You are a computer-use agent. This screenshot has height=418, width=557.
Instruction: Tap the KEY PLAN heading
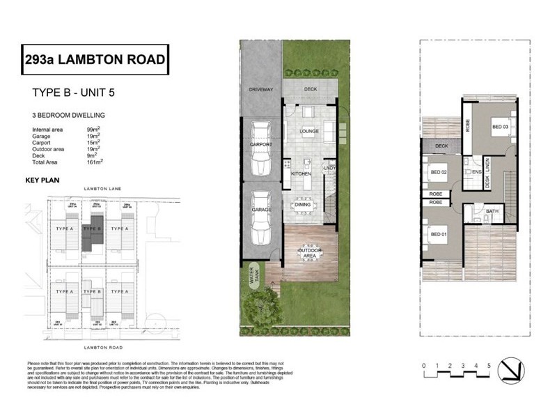click(x=44, y=180)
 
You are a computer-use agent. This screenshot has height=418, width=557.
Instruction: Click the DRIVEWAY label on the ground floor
click(x=261, y=90)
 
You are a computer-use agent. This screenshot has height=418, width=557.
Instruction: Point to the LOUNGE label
click(x=308, y=131)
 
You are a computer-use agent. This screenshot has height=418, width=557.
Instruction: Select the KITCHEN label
click(x=300, y=173)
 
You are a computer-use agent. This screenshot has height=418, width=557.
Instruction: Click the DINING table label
click(x=303, y=204)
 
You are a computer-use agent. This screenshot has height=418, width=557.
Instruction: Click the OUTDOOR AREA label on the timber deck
click(x=308, y=254)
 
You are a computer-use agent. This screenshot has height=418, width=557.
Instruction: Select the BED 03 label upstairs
click(x=500, y=126)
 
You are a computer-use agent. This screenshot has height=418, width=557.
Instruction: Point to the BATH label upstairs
click(x=492, y=211)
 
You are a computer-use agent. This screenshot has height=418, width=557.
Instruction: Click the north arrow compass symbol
click(x=515, y=370)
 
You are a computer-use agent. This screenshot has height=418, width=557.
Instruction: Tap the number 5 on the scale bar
click(x=490, y=365)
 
